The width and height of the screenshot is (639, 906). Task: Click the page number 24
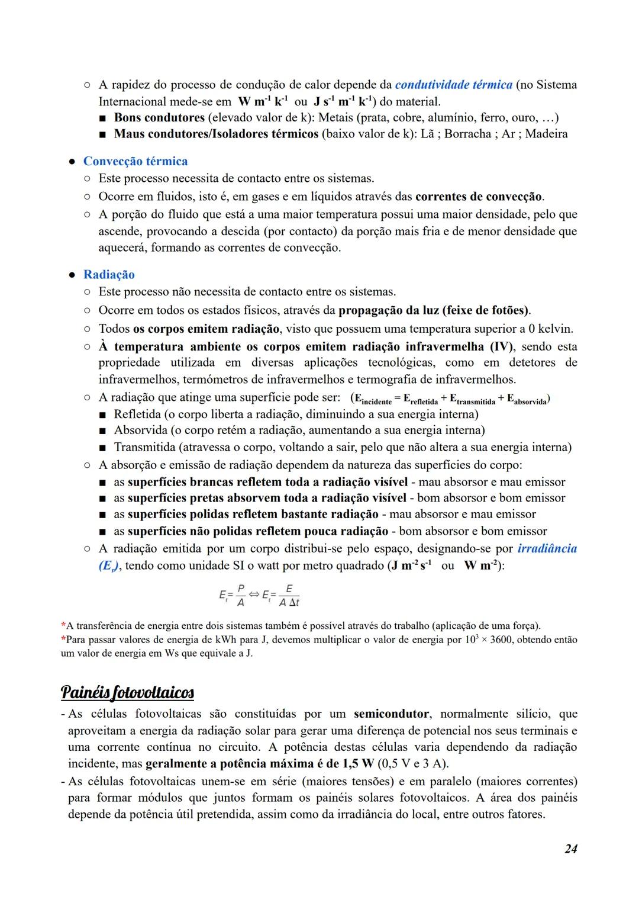(x=570, y=849)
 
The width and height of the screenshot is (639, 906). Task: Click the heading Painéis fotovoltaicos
(x=127, y=692)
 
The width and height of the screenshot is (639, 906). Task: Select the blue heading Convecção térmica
(x=135, y=161)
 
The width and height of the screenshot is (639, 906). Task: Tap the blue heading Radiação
(x=109, y=274)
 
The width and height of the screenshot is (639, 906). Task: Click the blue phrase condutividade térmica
(x=453, y=85)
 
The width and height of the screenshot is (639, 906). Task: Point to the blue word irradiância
(x=547, y=548)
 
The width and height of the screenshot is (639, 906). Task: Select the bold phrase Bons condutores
(x=159, y=117)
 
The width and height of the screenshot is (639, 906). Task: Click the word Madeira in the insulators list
(x=546, y=134)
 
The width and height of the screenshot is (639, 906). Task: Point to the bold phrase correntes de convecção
(x=479, y=196)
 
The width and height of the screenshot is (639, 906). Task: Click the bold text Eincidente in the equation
(x=373, y=399)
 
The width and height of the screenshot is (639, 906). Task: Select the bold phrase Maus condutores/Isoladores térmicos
(x=216, y=134)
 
